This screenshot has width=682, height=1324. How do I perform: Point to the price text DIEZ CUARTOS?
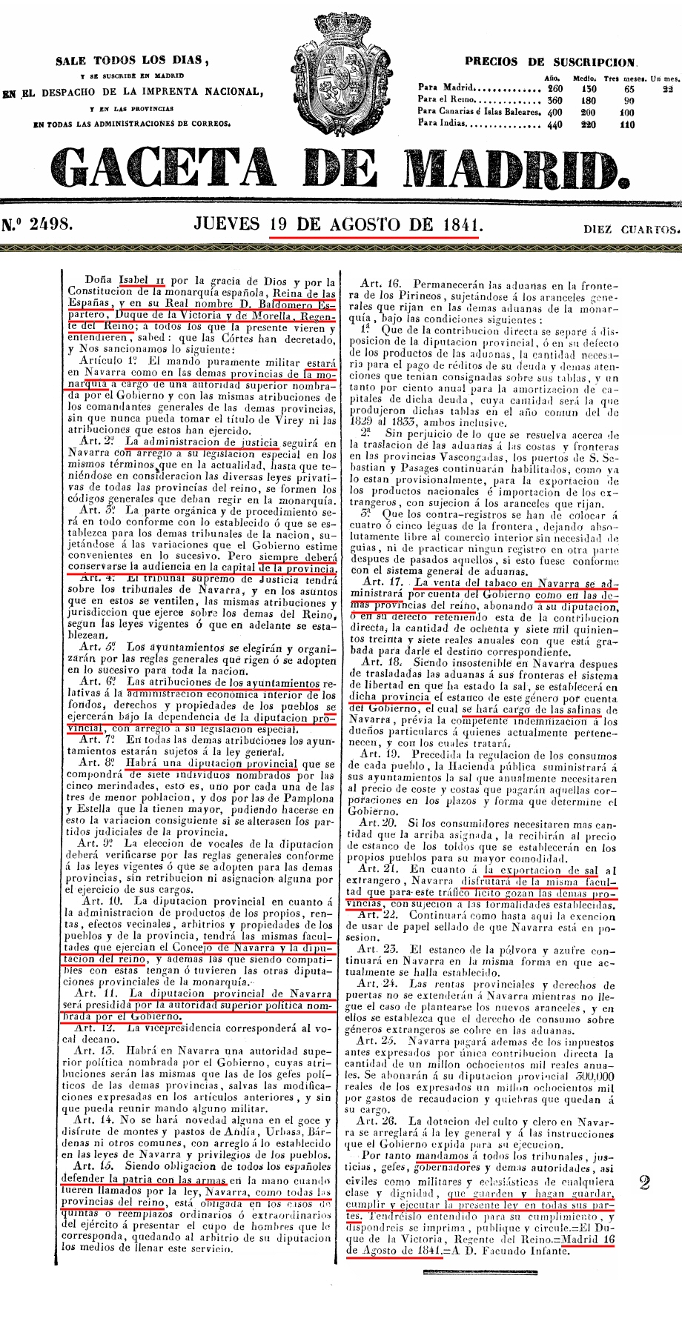[x=632, y=229]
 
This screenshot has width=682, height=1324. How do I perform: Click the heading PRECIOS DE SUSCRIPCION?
[x=550, y=63]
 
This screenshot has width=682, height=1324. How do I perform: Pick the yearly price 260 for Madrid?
[x=554, y=88]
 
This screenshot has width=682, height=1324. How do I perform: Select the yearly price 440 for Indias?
[x=554, y=125]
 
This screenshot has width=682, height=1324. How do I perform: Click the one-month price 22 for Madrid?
[x=667, y=88]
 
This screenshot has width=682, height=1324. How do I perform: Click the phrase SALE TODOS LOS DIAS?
[x=132, y=61]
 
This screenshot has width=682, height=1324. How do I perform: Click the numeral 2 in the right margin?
[x=644, y=1182]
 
